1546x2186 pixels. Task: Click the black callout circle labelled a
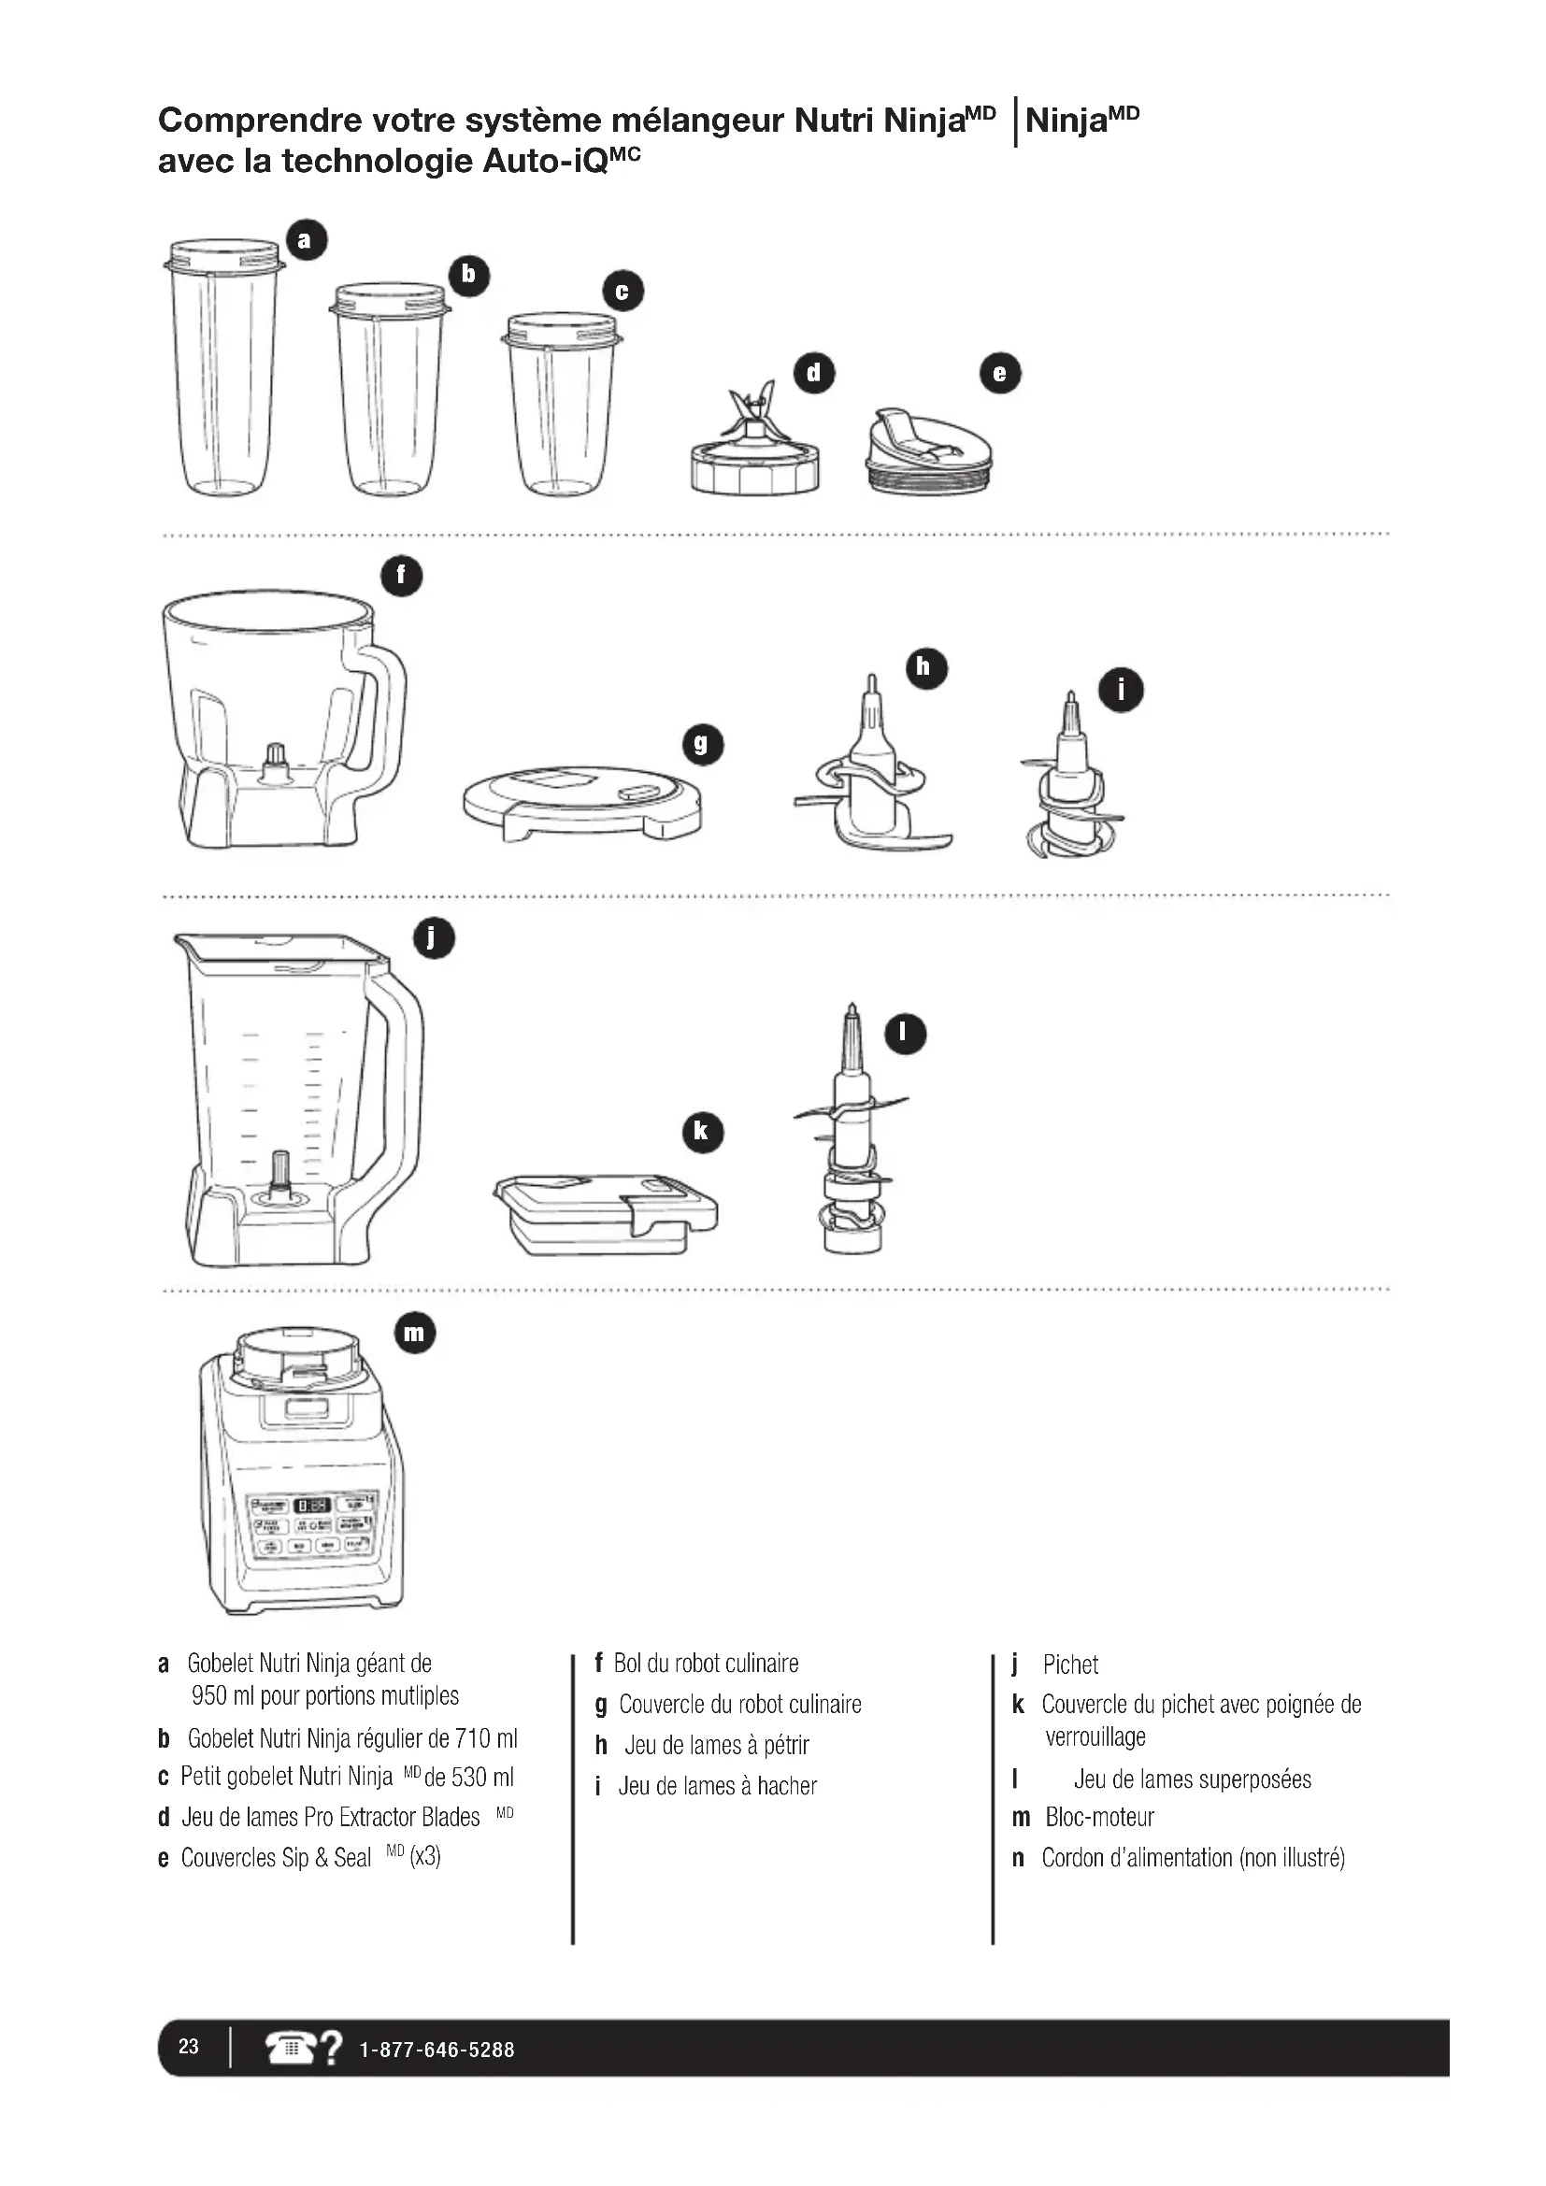tap(306, 240)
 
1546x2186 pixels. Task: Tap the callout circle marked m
tap(414, 1332)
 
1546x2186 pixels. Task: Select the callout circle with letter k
tap(703, 1132)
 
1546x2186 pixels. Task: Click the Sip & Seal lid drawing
tap(929, 453)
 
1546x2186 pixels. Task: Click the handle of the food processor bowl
tap(384, 714)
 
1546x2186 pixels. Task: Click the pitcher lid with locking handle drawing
tap(606, 1213)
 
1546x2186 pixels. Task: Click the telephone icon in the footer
tap(292, 2047)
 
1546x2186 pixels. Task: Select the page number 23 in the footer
tap(189, 2046)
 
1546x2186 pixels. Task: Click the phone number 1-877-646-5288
tap(436, 2050)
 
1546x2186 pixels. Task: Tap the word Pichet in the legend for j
tap(1070, 1665)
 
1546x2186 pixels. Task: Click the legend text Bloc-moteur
tap(1099, 1817)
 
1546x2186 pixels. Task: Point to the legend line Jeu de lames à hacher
tap(717, 1785)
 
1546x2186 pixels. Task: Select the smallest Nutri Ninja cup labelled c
tap(562, 405)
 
